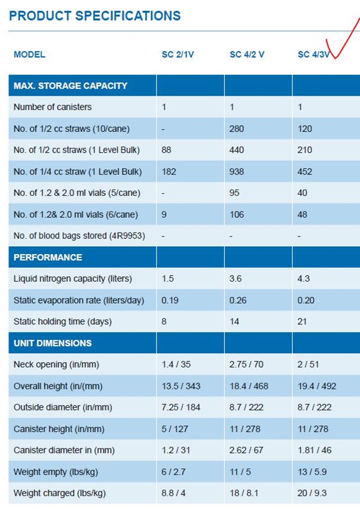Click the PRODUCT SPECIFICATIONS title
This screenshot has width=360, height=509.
pos(95,16)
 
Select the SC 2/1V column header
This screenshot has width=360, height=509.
pos(178,54)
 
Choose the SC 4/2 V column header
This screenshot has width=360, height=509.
pos(247,54)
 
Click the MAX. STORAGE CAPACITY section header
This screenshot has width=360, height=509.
pos(71,86)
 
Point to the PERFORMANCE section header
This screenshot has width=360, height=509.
pos(48,257)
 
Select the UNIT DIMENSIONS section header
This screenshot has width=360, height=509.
pos(53,343)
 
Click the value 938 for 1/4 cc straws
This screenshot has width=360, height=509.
pos(236,172)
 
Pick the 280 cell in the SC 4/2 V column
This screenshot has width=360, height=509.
pos(236,129)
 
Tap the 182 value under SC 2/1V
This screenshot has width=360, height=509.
pos(168,172)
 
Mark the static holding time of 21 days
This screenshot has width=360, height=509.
pos(302,322)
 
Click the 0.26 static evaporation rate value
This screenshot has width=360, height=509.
pos(238,300)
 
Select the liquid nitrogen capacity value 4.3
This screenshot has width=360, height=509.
pos(304,279)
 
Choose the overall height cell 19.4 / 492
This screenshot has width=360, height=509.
pos(317,386)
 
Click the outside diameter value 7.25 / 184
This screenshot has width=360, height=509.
pos(180,407)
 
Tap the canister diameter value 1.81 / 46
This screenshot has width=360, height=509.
pos(314,450)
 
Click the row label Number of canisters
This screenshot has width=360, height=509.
pos(53,107)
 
